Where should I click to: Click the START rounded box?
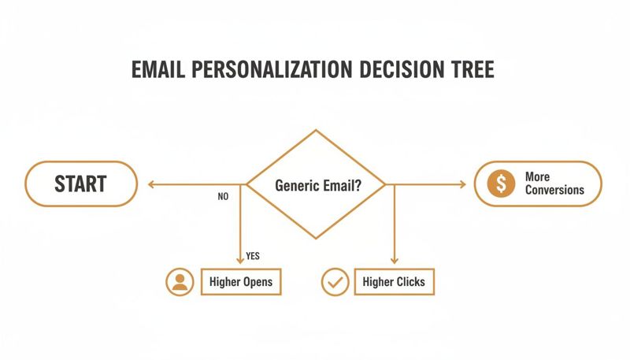click(x=80, y=184)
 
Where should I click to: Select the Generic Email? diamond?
click(x=317, y=185)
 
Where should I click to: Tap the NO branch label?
click(x=223, y=197)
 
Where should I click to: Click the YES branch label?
click(x=253, y=256)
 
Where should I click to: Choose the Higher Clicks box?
click(x=394, y=281)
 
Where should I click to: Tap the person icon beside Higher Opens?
click(x=180, y=281)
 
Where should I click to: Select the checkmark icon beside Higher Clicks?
click(x=335, y=281)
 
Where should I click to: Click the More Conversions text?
click(x=554, y=184)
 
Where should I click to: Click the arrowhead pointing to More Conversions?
click(x=462, y=185)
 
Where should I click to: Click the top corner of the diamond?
click(x=317, y=132)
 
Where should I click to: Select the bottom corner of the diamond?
click(x=317, y=239)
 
